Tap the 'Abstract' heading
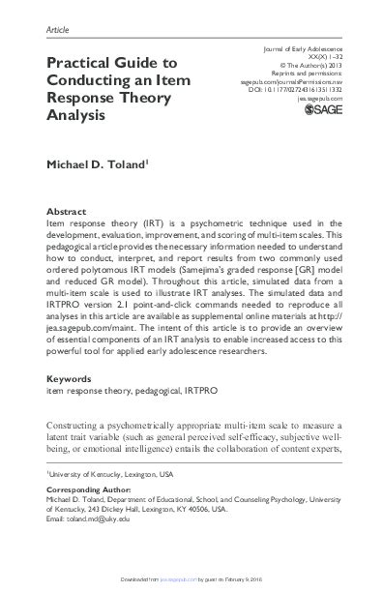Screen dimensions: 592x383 click(66, 208)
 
